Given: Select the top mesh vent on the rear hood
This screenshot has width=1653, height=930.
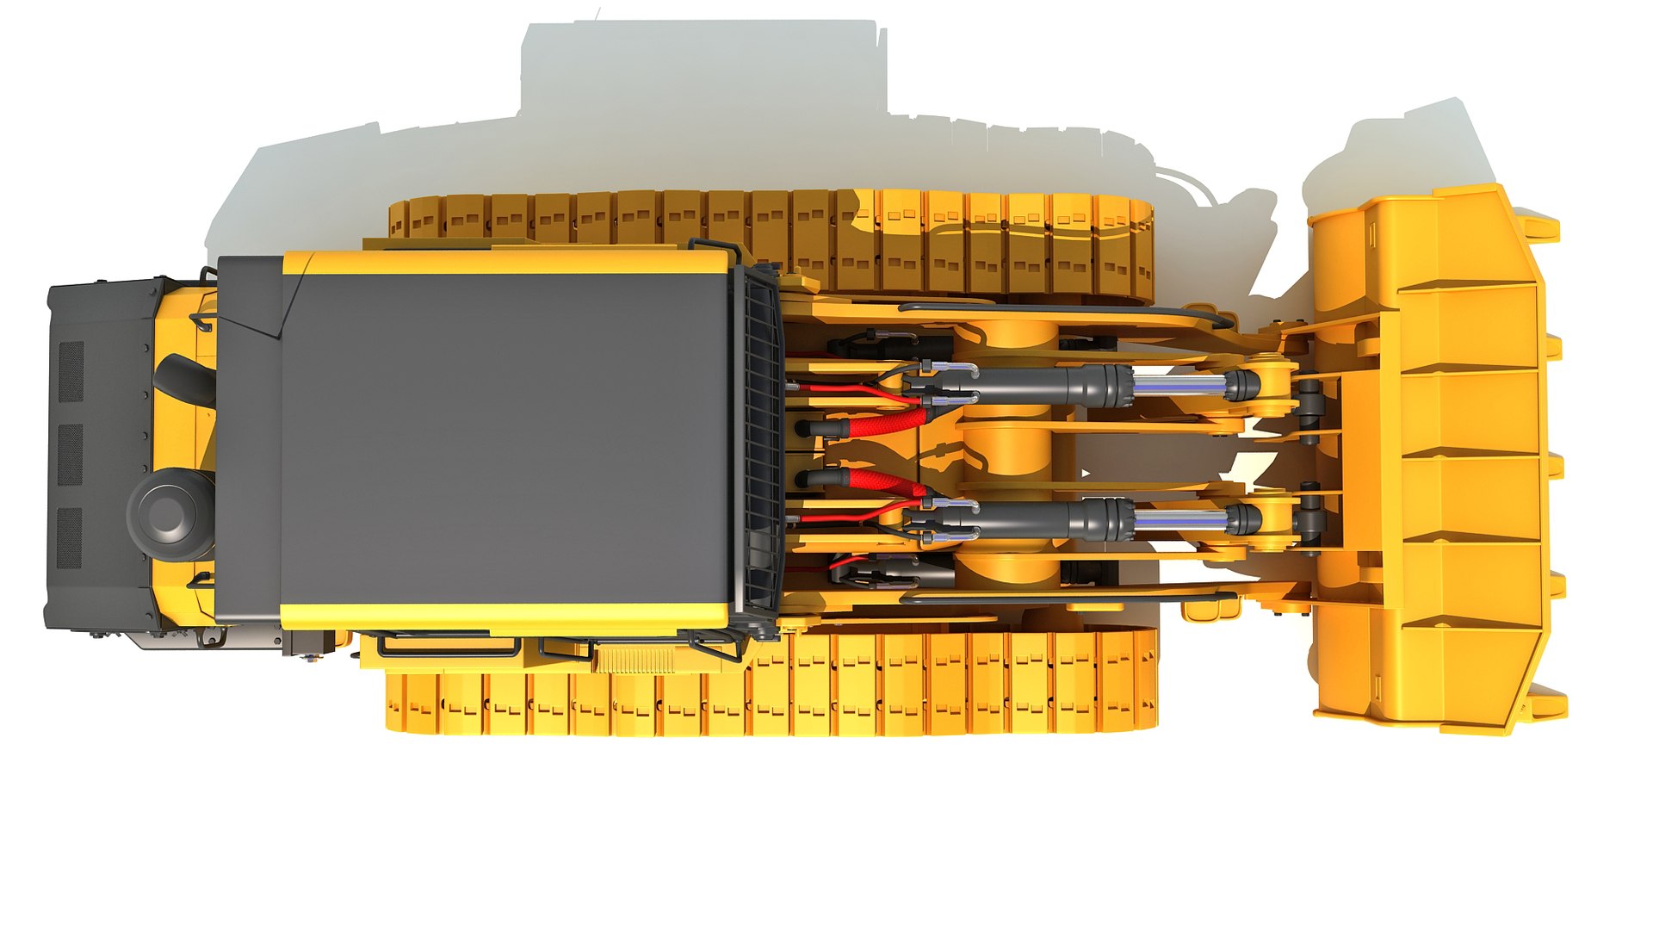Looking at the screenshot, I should pyautogui.click(x=71, y=371).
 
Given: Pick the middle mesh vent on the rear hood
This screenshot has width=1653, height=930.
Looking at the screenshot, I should pyautogui.click(x=71, y=454).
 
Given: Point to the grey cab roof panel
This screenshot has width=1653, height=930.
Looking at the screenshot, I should pyautogui.click(x=508, y=439).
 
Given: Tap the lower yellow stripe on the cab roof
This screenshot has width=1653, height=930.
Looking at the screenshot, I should pyautogui.click(x=508, y=617).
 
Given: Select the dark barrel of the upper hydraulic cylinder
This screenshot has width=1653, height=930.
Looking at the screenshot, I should pyautogui.click(x=1033, y=384).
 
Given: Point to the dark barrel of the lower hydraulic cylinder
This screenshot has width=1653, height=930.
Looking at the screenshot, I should pyautogui.click(x=1033, y=519).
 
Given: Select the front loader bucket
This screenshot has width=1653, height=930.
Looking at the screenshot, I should pyautogui.click(x=1446, y=456).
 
